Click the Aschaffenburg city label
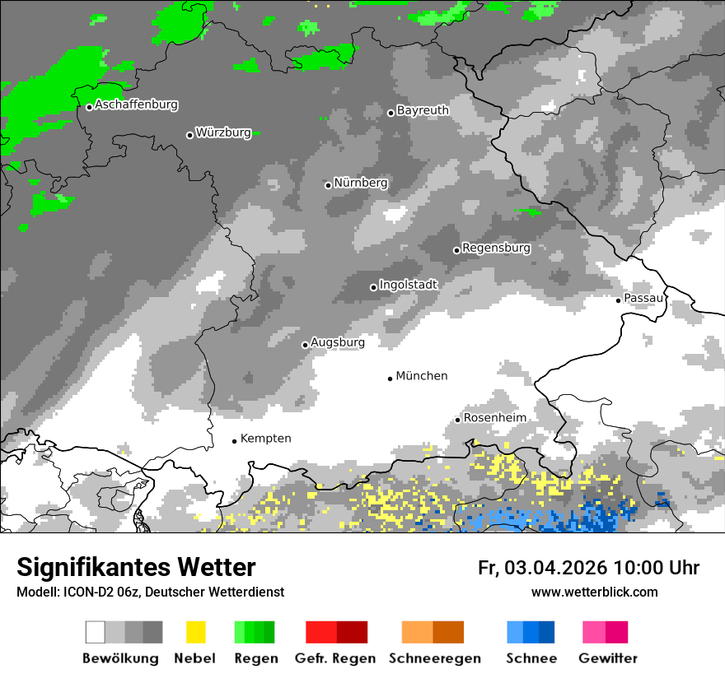(136, 105)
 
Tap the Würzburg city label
(223, 132)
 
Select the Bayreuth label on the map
(423, 110)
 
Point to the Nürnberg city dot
(328, 185)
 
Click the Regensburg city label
(496, 248)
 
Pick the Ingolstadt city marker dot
(373, 287)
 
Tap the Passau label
(643, 298)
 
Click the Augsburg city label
(337, 342)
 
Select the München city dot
(390, 379)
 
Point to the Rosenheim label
(494, 418)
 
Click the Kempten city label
(265, 439)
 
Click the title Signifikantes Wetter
(136, 567)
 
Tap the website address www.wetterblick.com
(594, 592)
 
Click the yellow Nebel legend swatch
(195, 632)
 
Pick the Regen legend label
(255, 658)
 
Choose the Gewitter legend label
(607, 658)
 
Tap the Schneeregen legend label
(433, 658)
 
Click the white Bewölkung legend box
(96, 632)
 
